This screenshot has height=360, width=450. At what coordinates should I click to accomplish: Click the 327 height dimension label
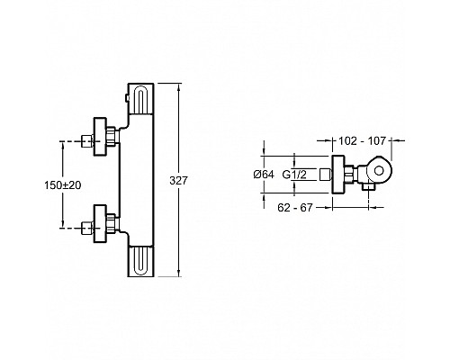(178, 181)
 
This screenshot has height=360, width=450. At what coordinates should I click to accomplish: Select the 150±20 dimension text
(63, 185)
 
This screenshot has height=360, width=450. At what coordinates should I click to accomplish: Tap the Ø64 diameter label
(264, 175)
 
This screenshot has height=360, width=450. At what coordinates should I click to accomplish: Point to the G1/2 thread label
(294, 175)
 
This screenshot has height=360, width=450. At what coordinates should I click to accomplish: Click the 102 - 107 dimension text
(362, 140)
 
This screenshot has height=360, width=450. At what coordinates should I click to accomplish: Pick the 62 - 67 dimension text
(295, 207)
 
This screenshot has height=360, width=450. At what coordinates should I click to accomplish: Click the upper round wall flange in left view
(100, 137)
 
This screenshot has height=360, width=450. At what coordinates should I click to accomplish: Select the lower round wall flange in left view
(100, 223)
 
